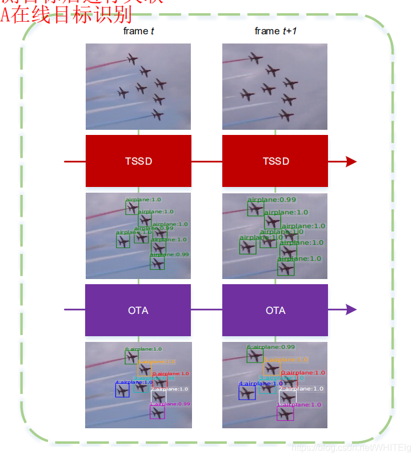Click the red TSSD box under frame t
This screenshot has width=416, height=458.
[138, 161]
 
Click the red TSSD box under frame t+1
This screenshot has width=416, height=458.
[275, 161]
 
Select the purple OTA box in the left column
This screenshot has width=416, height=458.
[138, 310]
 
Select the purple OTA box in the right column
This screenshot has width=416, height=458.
[275, 310]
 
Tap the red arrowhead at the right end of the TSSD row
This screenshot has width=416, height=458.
[350, 161]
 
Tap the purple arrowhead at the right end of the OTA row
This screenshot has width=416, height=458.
[350, 310]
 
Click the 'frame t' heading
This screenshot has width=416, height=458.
[138, 31]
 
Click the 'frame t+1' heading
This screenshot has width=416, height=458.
[275, 31]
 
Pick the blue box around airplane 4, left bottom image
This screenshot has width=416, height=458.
[122, 391]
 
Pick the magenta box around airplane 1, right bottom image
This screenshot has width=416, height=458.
[285, 413]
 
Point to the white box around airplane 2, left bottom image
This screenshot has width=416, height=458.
[158, 396]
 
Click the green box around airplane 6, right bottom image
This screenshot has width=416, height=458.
[255, 356]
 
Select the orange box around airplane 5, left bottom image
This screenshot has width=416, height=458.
[145, 369]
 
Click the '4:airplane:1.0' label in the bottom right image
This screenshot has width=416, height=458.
[260, 384]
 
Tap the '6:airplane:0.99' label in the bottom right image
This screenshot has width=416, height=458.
[271, 347]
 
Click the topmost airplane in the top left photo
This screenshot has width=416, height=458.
[133, 58]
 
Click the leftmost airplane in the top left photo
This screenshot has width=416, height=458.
[122, 93]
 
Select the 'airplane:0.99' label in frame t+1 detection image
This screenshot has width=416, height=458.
[271, 200]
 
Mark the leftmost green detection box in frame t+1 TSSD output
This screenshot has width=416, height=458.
[247, 247]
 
